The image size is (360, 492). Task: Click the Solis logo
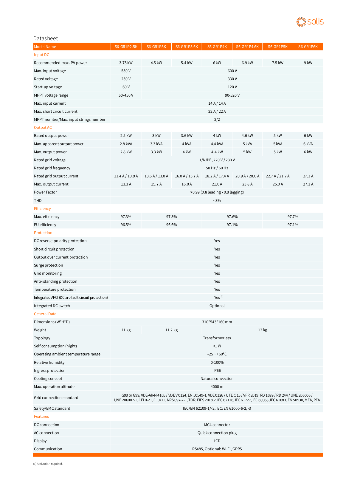310,22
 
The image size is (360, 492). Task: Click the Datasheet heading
46,38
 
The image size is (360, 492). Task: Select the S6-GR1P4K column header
217,47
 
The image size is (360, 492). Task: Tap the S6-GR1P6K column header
308,47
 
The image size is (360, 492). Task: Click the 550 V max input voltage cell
126,71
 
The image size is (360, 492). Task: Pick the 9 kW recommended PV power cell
308,63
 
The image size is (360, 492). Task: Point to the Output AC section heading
43,128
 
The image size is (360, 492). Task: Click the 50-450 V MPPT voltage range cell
126,95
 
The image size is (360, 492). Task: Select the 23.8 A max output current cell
247,184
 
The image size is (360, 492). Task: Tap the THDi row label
38,201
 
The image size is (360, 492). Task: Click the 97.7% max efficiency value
293,217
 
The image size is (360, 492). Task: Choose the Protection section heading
43,233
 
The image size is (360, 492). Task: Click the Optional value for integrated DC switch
217,306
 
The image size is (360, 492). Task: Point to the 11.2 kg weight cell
171,330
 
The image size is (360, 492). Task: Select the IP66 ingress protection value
217,371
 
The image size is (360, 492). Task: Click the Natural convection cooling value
217,379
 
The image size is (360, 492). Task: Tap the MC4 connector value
217,425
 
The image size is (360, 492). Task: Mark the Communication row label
48,449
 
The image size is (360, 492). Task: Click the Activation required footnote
48,464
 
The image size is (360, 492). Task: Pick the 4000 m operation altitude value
217,387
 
